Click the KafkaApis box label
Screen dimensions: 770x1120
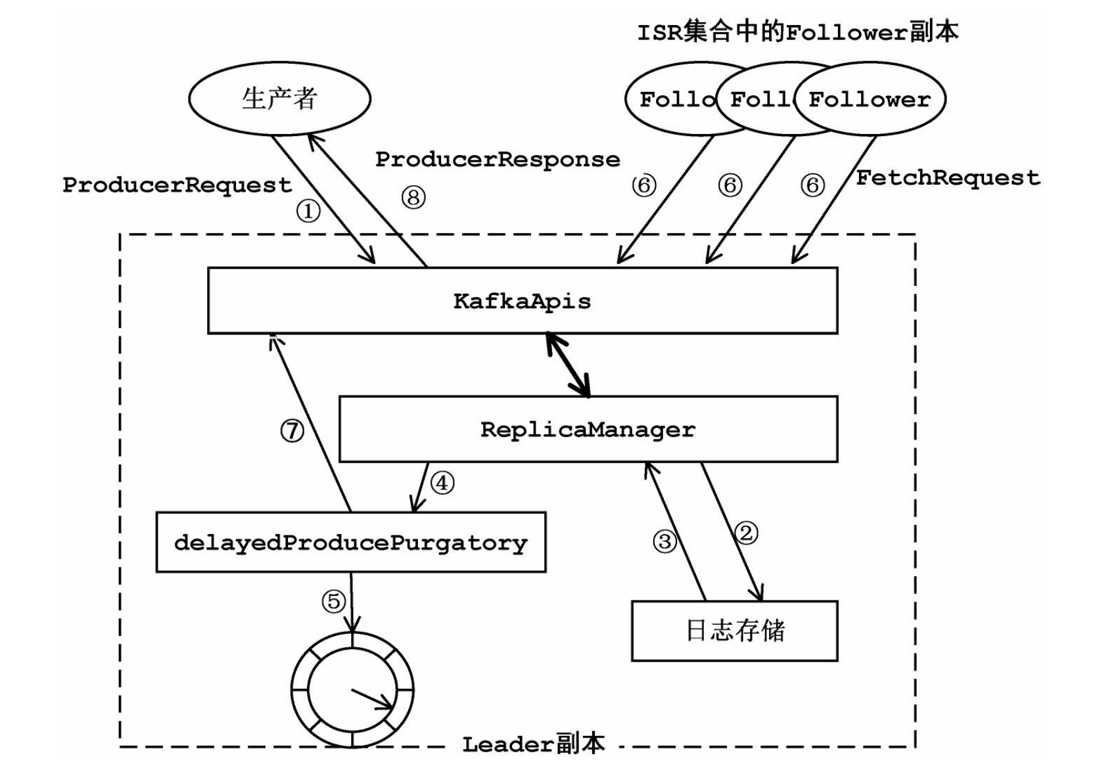(523, 301)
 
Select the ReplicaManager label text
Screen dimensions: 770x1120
(588, 430)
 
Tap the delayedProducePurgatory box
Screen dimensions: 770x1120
(350, 543)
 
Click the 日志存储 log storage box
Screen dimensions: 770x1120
(734, 631)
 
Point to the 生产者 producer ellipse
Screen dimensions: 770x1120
(280, 99)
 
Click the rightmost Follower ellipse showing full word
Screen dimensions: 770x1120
(870, 100)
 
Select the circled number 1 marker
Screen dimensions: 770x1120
(308, 212)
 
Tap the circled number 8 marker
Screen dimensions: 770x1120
(413, 197)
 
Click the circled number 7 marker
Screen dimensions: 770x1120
(292, 431)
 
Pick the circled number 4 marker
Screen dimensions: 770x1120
(442, 484)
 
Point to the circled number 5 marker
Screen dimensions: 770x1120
(334, 601)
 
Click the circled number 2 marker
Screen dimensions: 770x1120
(746, 532)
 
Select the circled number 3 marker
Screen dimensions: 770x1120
(665, 541)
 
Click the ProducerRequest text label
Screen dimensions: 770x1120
(177, 185)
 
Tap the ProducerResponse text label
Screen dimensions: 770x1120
(498, 160)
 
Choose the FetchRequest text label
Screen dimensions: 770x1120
(948, 177)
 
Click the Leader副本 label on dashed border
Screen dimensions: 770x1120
(532, 744)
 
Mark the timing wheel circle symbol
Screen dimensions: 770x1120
(352, 690)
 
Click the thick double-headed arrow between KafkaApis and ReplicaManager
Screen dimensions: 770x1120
(569, 365)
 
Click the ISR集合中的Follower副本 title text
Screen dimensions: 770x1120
(797, 32)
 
